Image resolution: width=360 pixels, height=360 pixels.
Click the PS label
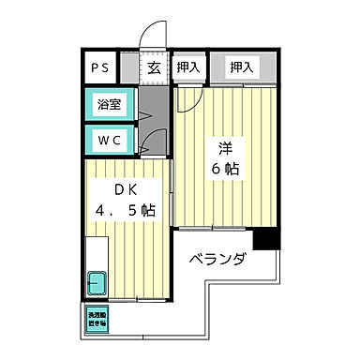coord(98,67)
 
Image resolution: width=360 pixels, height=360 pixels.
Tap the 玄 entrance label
coord(153,67)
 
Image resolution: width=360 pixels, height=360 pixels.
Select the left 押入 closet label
coord(187,67)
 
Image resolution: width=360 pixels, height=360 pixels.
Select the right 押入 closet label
coord(242,67)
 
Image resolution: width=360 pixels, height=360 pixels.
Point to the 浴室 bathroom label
coord(109,105)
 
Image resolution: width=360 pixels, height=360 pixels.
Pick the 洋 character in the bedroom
coord(226,147)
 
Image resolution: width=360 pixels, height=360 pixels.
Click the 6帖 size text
coord(226,170)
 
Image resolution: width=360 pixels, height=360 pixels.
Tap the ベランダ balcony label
coord(217,259)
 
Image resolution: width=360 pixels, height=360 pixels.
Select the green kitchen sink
coord(97,280)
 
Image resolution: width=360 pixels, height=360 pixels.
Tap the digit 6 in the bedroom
coord(217,170)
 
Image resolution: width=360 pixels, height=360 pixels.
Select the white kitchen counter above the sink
coord(97,251)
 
